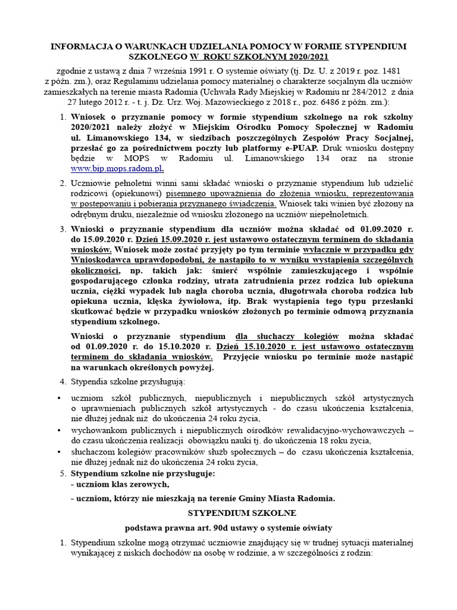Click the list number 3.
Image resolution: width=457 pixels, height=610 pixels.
pos(62,228)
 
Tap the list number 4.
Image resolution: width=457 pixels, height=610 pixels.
pos(62,381)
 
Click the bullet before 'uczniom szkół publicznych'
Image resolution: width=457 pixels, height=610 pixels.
pos(58,397)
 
